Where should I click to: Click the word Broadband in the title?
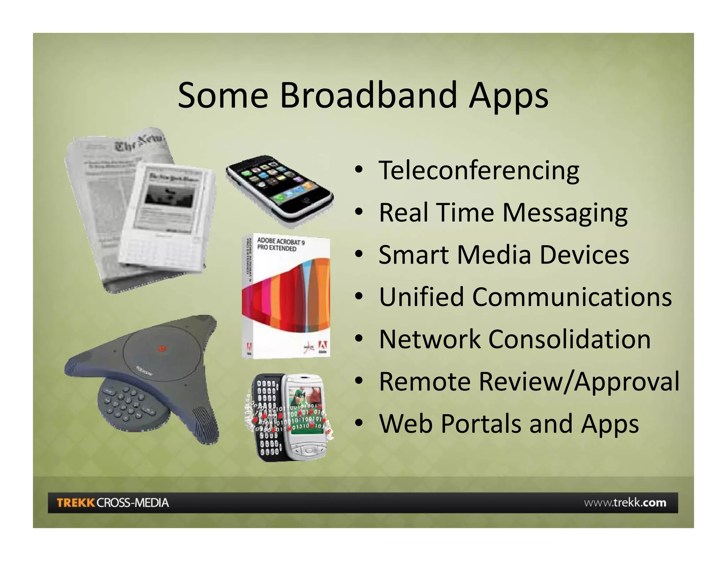tap(368, 95)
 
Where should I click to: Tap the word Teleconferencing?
tap(479, 171)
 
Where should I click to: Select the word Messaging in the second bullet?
tap(564, 213)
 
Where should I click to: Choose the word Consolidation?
tap(569, 339)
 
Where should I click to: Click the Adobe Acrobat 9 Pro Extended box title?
tap(280, 245)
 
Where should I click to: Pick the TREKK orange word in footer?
tap(76, 502)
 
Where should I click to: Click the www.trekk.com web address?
tap(625, 502)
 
